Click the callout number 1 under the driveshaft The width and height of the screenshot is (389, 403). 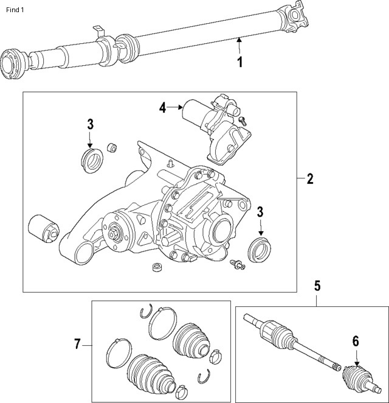pyautogui.click(x=240, y=62)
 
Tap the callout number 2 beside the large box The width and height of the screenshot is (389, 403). pyautogui.click(x=310, y=178)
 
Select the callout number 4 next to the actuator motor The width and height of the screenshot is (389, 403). pyautogui.click(x=163, y=107)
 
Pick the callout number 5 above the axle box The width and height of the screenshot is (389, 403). pyautogui.click(x=317, y=286)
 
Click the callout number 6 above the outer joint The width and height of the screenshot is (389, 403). pyautogui.click(x=356, y=342)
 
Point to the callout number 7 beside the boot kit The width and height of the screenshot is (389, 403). pyautogui.click(x=77, y=344)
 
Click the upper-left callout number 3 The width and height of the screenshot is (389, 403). pyautogui.click(x=91, y=124)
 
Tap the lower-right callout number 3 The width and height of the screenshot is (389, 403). pyautogui.click(x=260, y=212)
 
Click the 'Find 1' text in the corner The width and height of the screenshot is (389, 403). pyautogui.click(x=15, y=10)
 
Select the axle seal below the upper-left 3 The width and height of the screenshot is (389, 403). pyautogui.click(x=92, y=160)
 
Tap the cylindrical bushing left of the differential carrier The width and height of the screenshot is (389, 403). pyautogui.click(x=44, y=228)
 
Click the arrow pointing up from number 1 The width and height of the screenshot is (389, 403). pyautogui.click(x=239, y=46)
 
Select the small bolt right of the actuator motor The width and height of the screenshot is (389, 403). pyautogui.click(x=243, y=121)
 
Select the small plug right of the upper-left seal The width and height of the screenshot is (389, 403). pyautogui.click(x=112, y=147)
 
